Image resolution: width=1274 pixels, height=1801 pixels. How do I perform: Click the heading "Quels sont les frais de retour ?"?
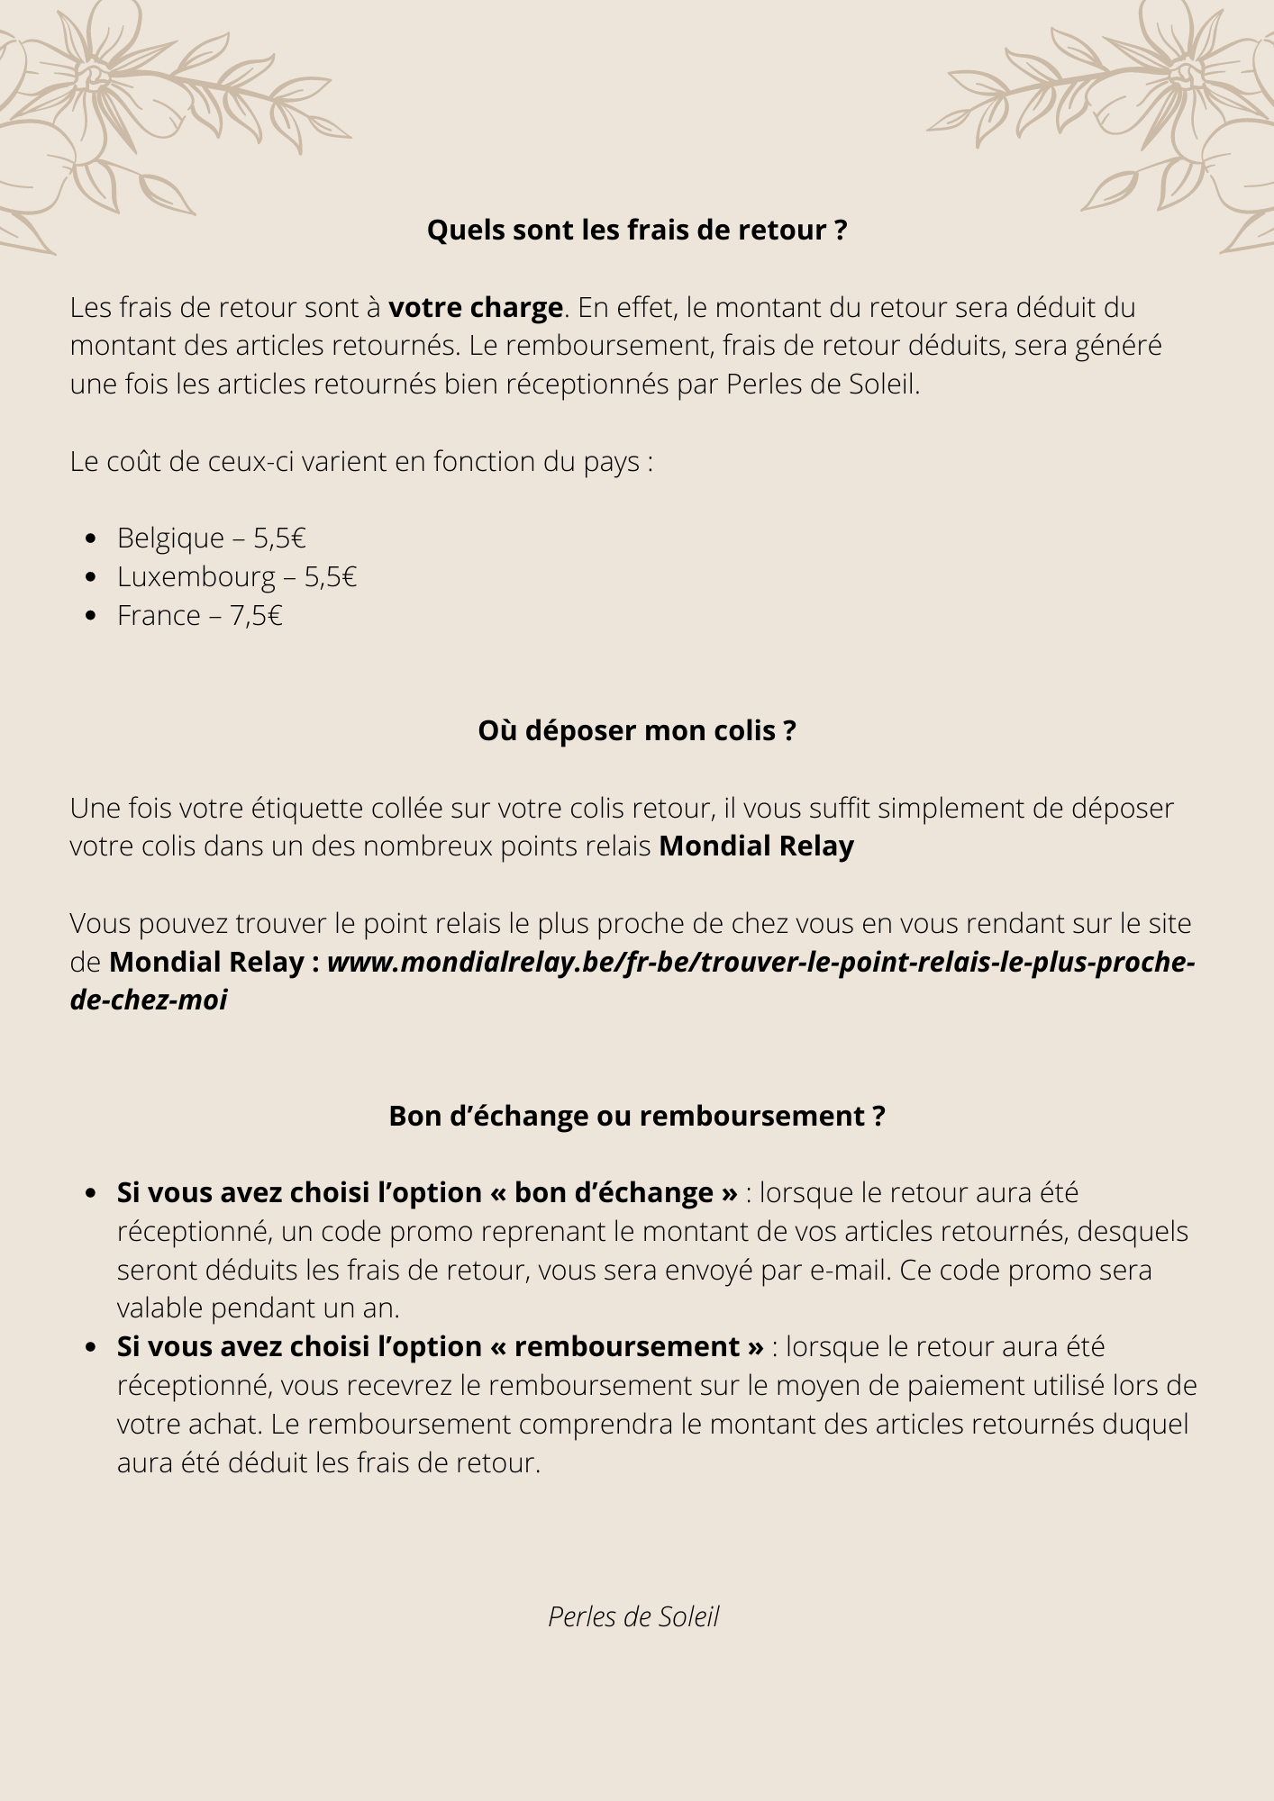(637, 231)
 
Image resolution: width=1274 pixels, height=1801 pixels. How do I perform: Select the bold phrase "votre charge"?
(475, 308)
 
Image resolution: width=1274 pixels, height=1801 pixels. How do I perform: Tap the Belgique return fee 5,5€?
(279, 538)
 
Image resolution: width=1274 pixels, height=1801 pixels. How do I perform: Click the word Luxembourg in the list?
(196, 577)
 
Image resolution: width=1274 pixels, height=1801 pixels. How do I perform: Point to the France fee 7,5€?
(256, 616)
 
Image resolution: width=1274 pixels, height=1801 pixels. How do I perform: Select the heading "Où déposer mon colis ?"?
(637, 730)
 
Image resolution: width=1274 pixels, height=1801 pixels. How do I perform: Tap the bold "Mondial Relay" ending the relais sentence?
(756, 846)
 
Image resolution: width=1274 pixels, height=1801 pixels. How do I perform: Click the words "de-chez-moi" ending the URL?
(149, 1000)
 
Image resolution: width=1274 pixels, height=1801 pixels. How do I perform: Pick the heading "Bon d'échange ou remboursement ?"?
(637, 1117)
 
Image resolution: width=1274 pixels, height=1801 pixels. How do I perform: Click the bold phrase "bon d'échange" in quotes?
(614, 1193)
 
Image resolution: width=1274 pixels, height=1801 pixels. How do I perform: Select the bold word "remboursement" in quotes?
(627, 1347)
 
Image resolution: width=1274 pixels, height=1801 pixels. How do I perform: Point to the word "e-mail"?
(850, 1271)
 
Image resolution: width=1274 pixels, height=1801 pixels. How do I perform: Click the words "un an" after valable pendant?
(368, 1308)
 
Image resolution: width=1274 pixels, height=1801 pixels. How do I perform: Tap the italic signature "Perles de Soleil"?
(633, 1617)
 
